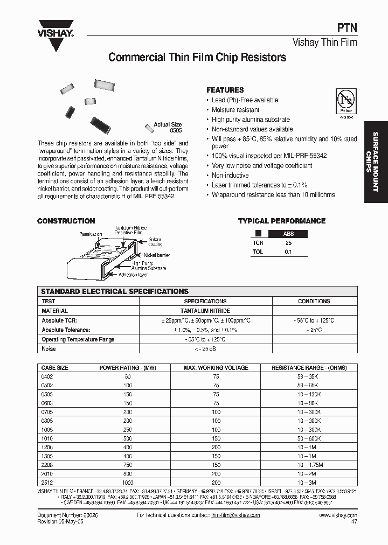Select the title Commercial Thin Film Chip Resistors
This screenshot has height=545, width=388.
click(x=197, y=57)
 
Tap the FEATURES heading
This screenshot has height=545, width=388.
click(x=225, y=90)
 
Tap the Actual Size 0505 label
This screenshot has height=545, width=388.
click(x=168, y=128)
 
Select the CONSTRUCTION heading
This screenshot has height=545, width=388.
click(x=66, y=221)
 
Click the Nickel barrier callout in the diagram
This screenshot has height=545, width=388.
click(x=157, y=255)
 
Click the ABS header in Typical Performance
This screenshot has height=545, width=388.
click(x=288, y=234)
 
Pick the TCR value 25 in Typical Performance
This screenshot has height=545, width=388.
click(x=288, y=243)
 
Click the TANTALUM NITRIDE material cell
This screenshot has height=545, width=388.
click(x=205, y=311)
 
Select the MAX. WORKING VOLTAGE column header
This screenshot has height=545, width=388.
click(x=216, y=368)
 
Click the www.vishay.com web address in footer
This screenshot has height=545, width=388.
click(x=338, y=515)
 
